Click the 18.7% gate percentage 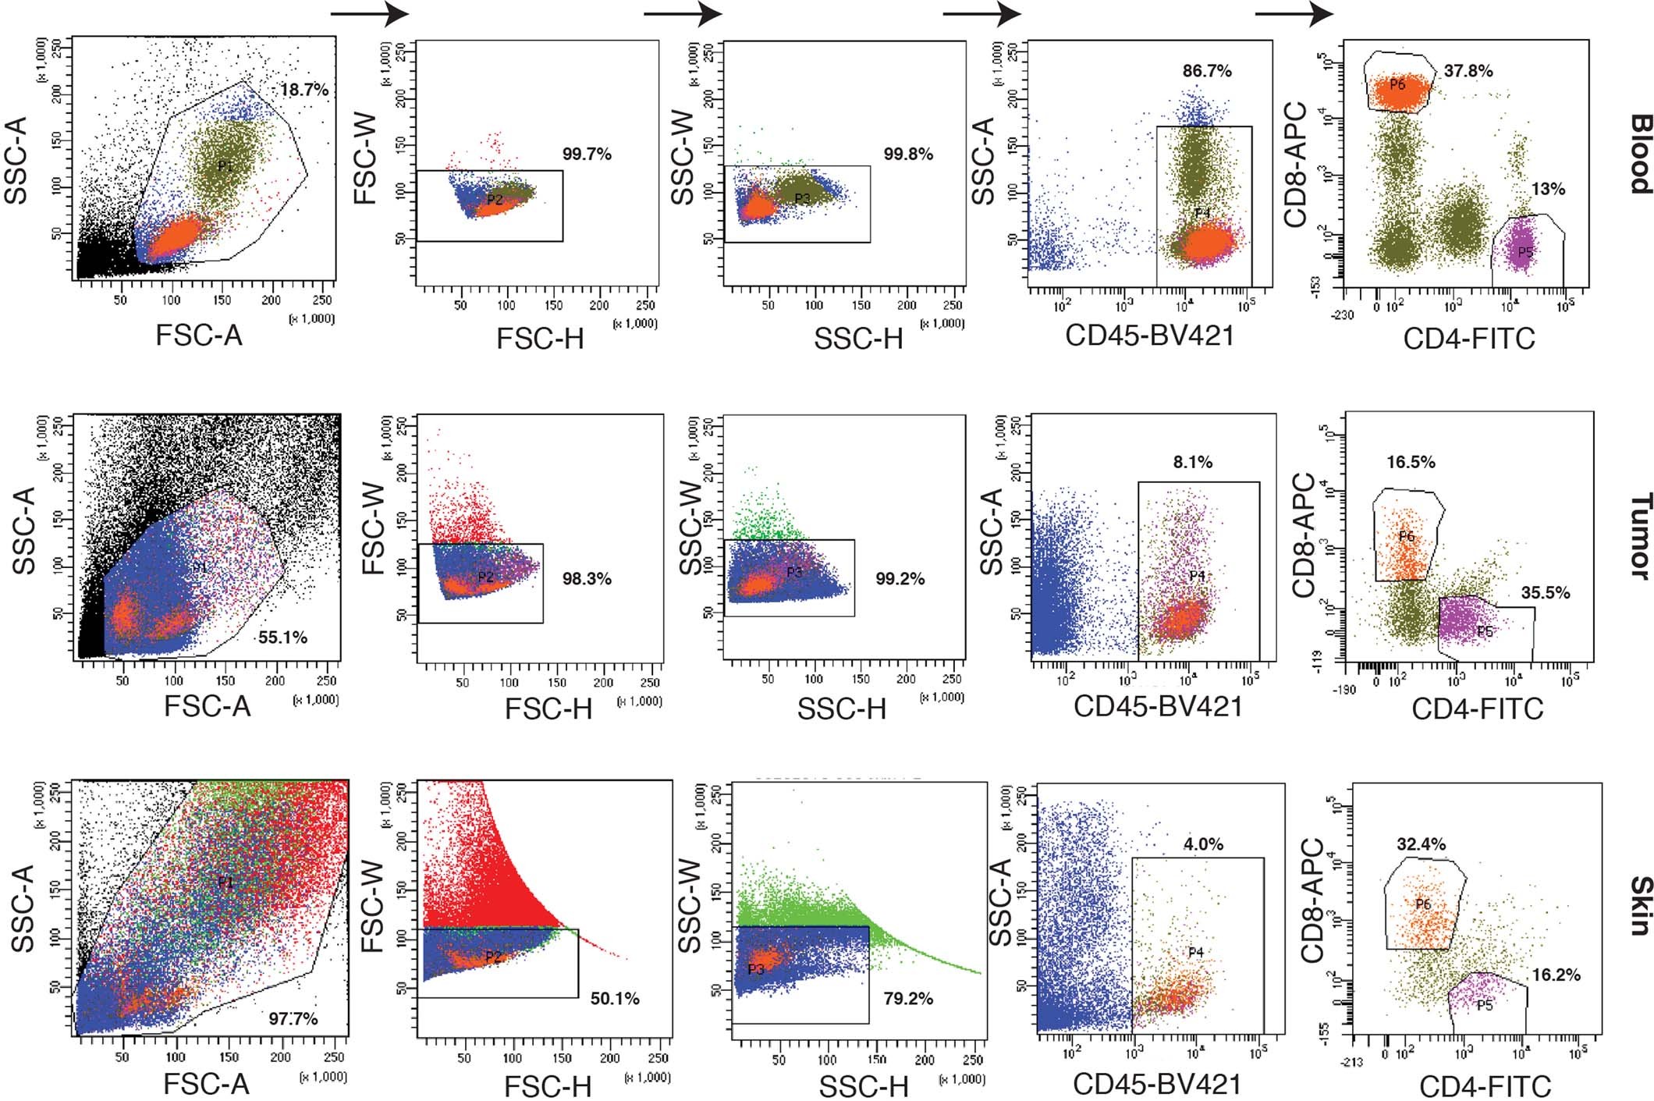coord(304,91)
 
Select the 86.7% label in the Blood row coord(1207,71)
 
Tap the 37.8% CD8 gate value coord(1468,71)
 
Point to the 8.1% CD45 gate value coord(1193,463)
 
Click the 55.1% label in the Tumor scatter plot coord(282,638)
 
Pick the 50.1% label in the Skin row coord(615,998)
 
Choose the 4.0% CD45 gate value coord(1204,844)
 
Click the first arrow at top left coord(370,13)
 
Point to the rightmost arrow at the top coord(1294,13)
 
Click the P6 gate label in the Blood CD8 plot coord(1397,85)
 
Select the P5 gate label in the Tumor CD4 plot coord(1484,632)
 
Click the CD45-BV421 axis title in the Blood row coord(1149,336)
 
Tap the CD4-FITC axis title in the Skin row coord(1484,1085)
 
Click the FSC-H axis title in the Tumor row coord(548,709)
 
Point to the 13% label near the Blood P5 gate coord(1548,190)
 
